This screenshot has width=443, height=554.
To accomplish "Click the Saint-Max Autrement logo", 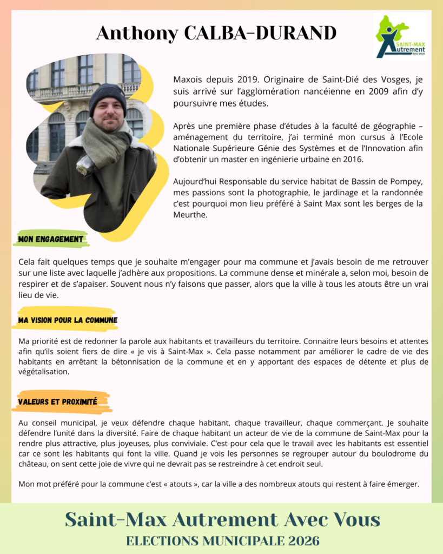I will (x=400, y=37).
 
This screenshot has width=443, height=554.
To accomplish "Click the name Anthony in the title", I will (x=136, y=33).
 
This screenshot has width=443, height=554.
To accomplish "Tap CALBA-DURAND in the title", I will (x=260, y=33).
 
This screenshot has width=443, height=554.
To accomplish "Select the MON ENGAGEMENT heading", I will (x=51, y=239).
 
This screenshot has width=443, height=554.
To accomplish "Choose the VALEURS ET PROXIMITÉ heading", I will (x=57, y=401).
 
